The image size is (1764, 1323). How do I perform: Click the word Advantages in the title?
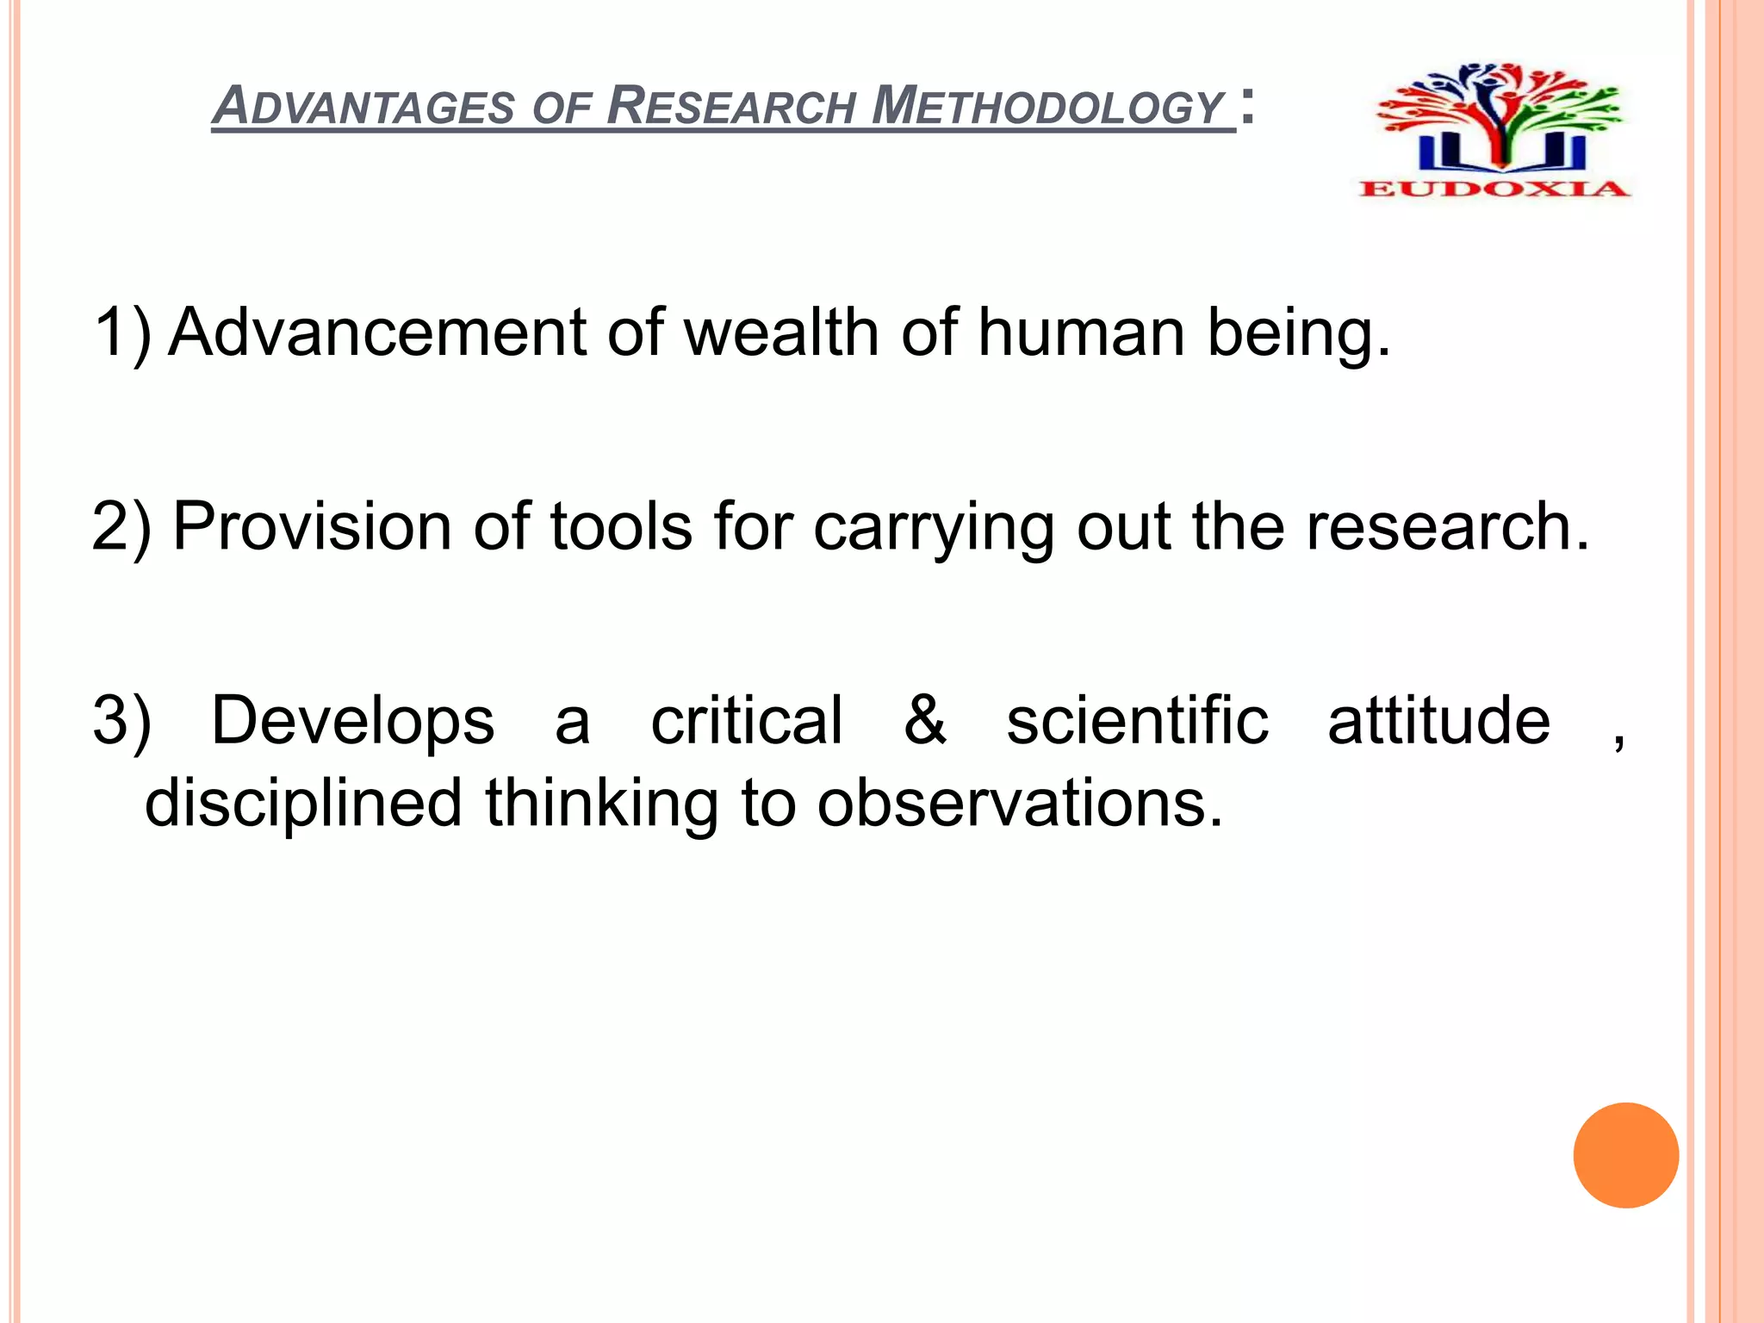364,107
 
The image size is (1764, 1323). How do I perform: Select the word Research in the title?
732,107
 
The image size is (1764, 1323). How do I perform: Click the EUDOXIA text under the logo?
1494,189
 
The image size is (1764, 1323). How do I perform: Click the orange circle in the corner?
1625,1155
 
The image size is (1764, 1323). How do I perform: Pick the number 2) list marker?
121,526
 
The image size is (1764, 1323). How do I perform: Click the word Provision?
312,526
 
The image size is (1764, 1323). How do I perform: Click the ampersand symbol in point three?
925,720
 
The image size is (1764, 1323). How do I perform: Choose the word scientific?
1137,720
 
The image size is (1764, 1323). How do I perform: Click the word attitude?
1438,720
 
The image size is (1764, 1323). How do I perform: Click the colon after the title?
1247,109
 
